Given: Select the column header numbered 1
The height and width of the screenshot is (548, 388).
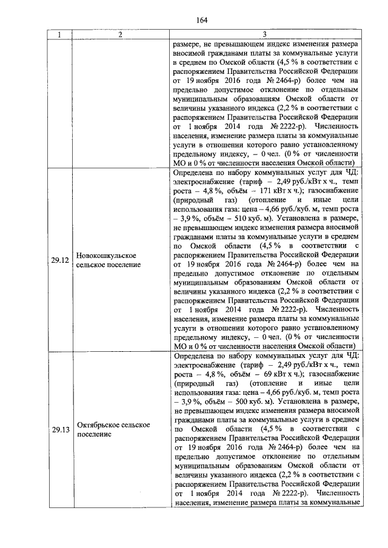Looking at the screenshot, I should coord(59,35).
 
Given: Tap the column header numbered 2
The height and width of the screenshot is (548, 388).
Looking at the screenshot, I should coord(121,35).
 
